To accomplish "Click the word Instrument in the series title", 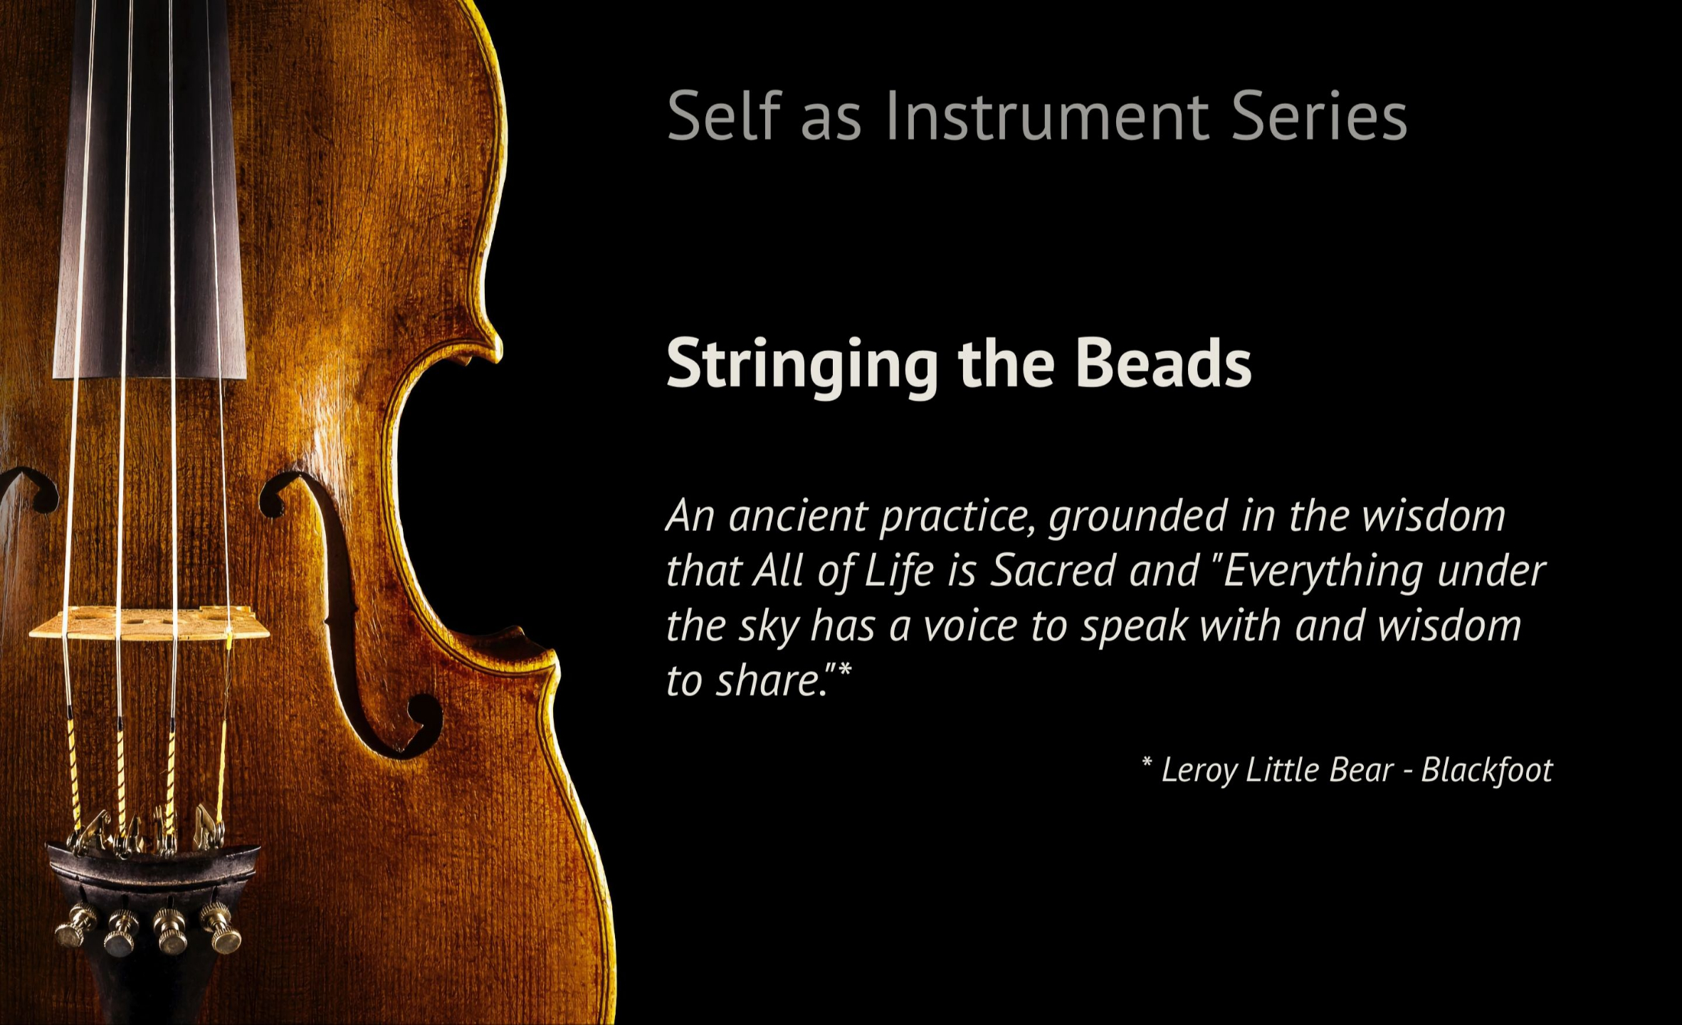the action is point(1047,117).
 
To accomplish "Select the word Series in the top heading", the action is point(1319,117).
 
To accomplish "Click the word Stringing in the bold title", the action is point(801,365).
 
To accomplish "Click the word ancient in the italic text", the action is point(797,516).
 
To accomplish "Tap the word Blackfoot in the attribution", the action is point(1486,769).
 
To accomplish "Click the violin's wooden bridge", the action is point(149,624).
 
